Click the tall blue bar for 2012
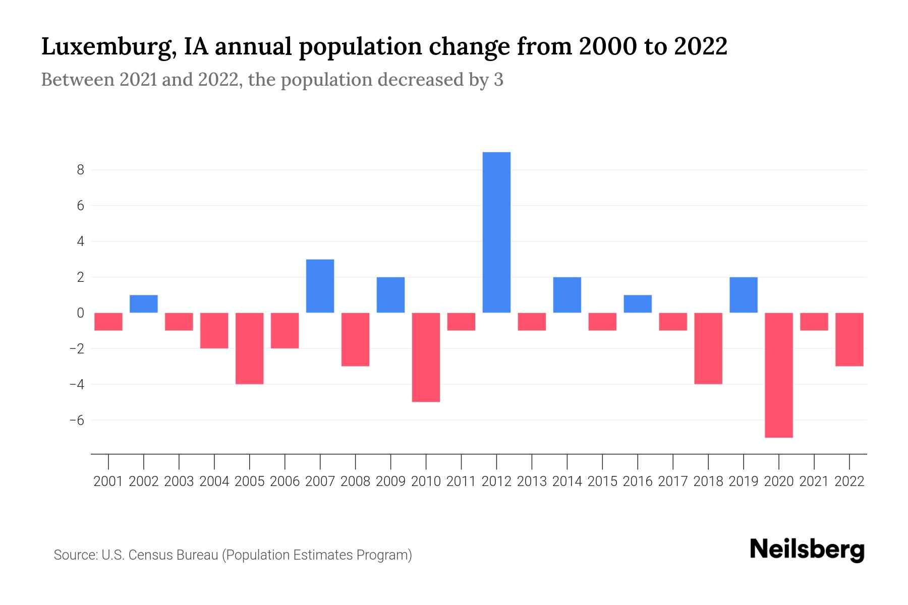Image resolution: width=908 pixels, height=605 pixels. (x=496, y=232)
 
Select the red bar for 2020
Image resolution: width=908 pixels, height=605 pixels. (x=779, y=375)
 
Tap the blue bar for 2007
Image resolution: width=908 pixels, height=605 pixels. (x=320, y=286)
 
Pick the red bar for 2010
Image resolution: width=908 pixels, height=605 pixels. (x=426, y=357)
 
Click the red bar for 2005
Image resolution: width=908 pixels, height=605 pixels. (x=249, y=348)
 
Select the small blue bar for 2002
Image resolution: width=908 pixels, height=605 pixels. (x=144, y=304)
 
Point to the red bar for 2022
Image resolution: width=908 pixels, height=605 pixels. (x=849, y=339)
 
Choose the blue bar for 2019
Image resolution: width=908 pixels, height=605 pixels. (x=744, y=295)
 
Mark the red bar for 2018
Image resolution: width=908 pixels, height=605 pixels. (x=708, y=348)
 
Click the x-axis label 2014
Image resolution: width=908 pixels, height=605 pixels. (x=567, y=481)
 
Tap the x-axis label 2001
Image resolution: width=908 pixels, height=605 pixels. (x=108, y=481)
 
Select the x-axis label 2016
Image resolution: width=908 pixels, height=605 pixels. (x=638, y=481)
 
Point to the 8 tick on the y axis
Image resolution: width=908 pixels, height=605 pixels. (x=80, y=170)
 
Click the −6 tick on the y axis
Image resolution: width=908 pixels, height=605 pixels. (x=77, y=420)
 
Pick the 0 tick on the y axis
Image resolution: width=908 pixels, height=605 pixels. (x=80, y=313)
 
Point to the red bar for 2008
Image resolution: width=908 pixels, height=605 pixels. (x=355, y=339)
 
